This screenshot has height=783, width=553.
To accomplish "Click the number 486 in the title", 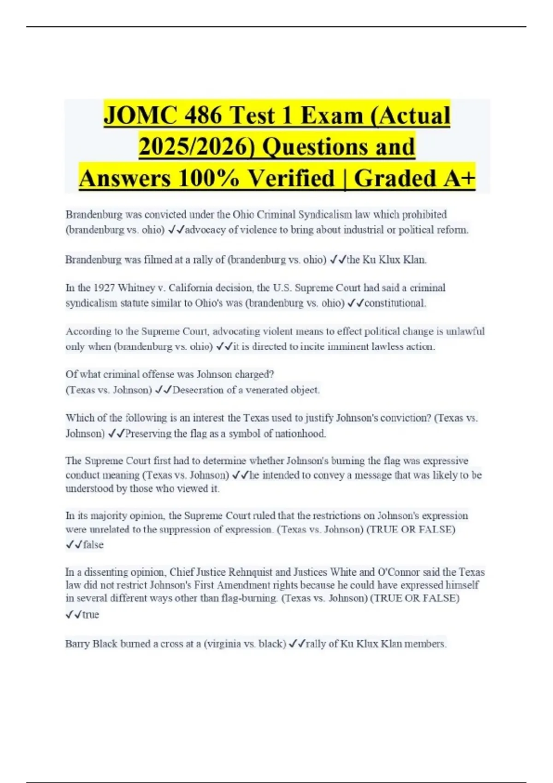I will [203, 115].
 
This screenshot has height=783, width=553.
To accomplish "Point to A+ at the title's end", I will [459, 178].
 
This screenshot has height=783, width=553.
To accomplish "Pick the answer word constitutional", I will [395, 303].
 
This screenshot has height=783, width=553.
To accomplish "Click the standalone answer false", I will [93, 545].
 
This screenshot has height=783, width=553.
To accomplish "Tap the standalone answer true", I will [91, 615].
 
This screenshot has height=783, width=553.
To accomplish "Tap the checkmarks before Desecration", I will [164, 390].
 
